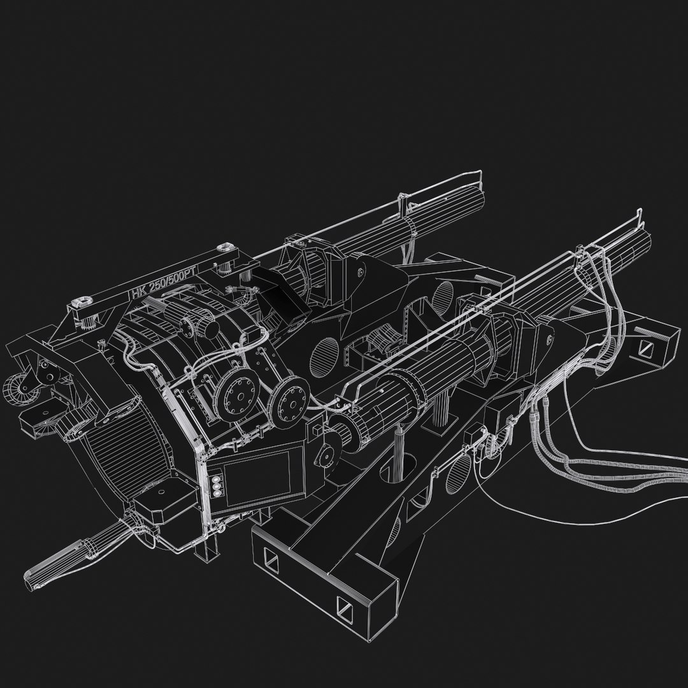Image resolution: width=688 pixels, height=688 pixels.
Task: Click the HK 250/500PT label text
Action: [164, 282]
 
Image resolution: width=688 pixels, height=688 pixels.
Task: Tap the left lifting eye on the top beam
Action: [82, 303]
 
